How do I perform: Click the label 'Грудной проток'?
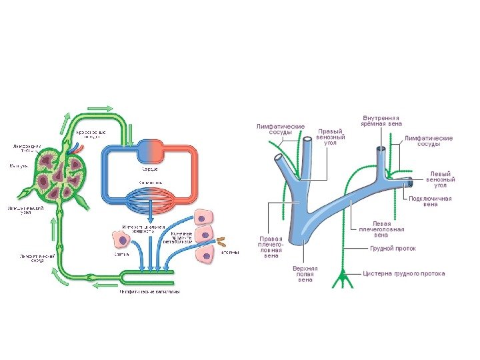[x=393, y=249]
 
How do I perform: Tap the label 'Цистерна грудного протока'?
[x=404, y=273]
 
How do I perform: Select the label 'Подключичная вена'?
[x=430, y=201]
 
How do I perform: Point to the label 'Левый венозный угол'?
[x=441, y=179]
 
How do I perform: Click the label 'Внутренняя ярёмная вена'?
[x=381, y=121]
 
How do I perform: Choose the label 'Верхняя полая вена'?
[x=305, y=274]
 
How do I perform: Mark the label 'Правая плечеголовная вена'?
[x=271, y=246]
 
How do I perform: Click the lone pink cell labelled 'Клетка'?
[x=121, y=239]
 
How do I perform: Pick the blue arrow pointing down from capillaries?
[x=151, y=214]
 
